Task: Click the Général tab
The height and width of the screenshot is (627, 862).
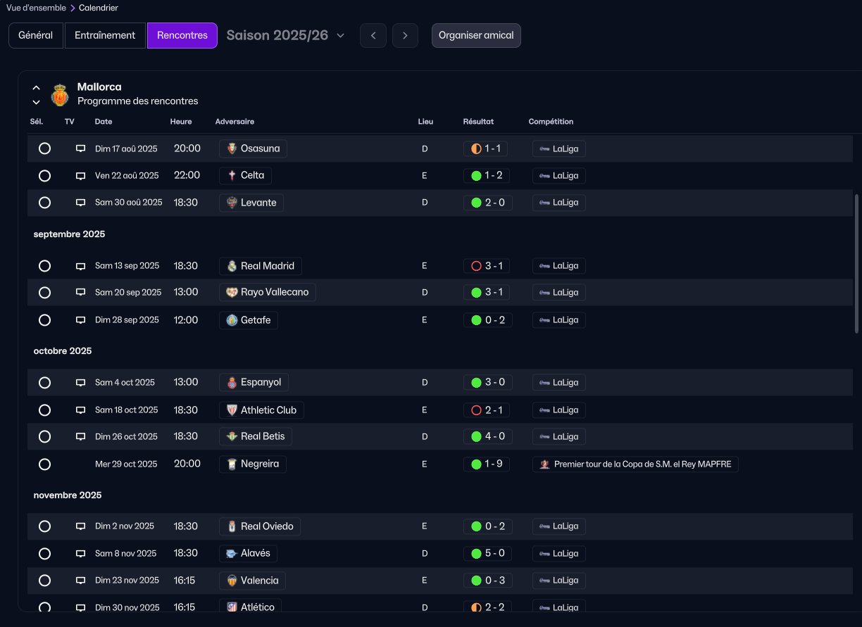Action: point(36,35)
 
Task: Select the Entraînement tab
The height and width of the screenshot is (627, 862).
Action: point(105,35)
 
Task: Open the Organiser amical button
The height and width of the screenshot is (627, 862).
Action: point(476,35)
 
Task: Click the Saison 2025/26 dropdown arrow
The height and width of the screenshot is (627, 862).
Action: point(340,36)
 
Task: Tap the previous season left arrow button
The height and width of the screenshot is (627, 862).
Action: point(373,35)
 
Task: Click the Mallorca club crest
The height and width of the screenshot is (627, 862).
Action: point(60,94)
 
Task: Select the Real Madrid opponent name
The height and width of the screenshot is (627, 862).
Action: point(268,265)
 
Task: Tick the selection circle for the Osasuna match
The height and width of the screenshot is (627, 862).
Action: point(44,148)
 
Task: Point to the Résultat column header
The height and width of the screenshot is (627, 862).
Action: point(478,122)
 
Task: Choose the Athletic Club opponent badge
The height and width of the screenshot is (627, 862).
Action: point(232,410)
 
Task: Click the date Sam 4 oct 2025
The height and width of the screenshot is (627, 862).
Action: point(125,383)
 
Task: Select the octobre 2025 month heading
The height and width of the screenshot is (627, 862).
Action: point(63,351)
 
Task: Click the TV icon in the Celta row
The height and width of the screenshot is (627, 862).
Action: point(80,176)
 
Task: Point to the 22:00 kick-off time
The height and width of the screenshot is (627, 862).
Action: point(187,175)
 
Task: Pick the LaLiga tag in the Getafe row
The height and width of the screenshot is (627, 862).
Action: point(559,320)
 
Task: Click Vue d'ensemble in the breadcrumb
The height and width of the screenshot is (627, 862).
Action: point(36,8)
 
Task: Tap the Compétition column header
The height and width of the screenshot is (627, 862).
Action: point(551,122)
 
